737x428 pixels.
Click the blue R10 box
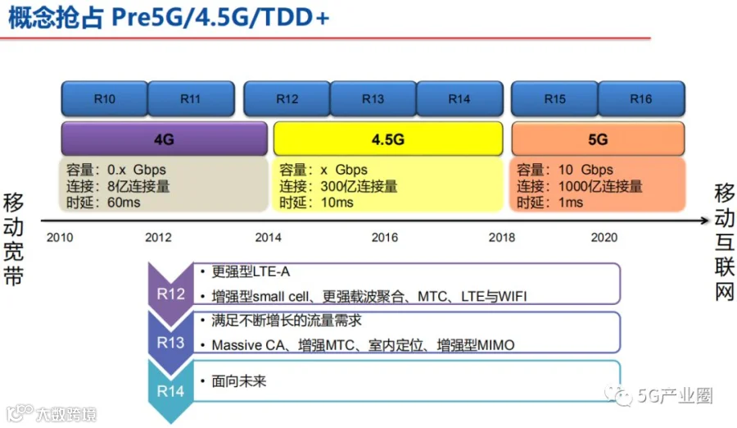(104, 98)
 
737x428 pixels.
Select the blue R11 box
(191, 98)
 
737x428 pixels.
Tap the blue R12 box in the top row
(287, 98)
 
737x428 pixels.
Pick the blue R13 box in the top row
(373, 98)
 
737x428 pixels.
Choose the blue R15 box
(554, 98)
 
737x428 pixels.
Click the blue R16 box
(641, 98)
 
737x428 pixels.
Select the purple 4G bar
(165, 139)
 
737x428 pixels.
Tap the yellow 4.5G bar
(388, 139)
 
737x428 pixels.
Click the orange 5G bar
(598, 139)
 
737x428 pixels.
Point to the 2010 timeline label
(60, 237)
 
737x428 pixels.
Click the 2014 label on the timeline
(269, 237)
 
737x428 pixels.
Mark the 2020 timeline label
(604, 237)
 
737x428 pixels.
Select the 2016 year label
(385, 237)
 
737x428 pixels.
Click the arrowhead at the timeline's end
(704, 221)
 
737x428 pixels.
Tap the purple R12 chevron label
(170, 294)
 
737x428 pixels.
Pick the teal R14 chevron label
(170, 391)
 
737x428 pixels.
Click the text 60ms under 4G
(124, 203)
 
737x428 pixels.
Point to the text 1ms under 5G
(571, 203)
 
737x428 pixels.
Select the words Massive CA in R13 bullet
(248, 345)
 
